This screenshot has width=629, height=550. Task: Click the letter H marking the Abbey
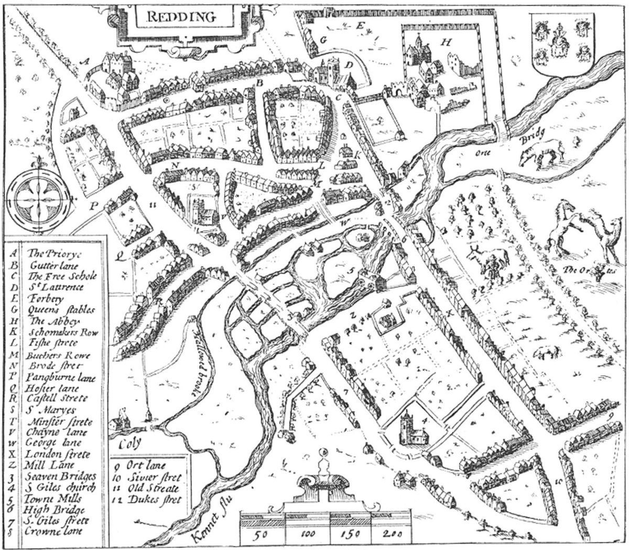point(447,42)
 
